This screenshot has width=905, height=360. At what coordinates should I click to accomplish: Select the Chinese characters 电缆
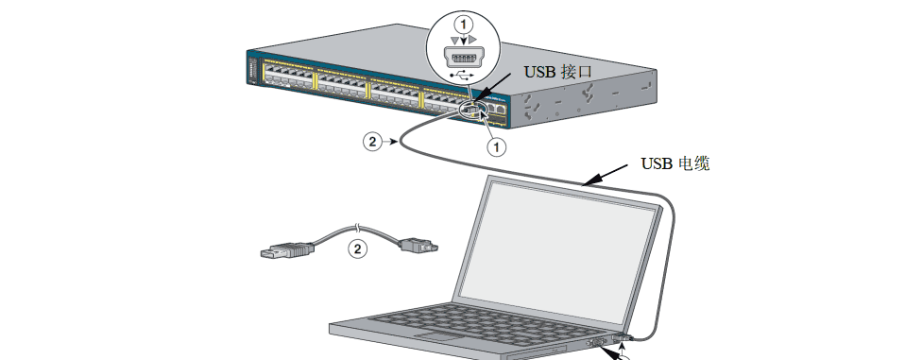coord(693,163)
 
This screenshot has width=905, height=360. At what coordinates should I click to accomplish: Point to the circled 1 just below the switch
coord(496,146)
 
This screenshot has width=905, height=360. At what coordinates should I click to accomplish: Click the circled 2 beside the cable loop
coord(372,142)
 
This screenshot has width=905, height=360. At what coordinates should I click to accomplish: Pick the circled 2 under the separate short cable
coord(358,249)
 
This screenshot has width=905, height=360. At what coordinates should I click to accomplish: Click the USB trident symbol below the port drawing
coord(462,75)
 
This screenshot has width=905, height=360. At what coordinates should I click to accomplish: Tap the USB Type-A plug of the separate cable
coord(287,251)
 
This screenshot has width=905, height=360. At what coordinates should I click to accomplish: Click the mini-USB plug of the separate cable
coord(418,245)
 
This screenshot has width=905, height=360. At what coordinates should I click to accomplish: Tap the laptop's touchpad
coord(438,336)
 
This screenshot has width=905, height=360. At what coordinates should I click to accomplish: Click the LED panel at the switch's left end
coord(251,71)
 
